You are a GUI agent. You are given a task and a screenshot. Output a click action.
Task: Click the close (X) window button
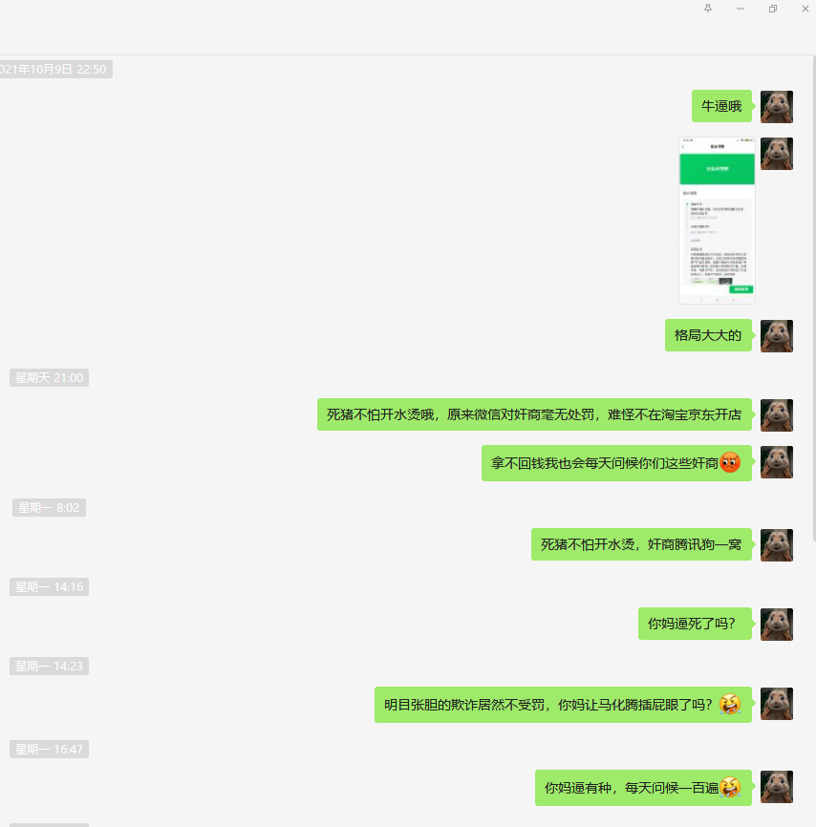tap(805, 9)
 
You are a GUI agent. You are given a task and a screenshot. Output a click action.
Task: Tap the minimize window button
tap(741, 9)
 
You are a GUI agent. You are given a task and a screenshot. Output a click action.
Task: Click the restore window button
tap(772, 9)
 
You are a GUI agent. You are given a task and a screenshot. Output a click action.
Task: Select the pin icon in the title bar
tap(708, 9)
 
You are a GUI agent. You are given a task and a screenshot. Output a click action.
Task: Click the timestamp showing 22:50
tap(55, 70)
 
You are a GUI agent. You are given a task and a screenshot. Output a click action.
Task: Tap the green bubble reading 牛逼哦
tap(721, 106)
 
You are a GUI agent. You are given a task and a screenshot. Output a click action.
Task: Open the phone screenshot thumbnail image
tap(717, 221)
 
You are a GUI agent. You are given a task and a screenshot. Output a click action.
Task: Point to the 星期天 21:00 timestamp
tap(50, 378)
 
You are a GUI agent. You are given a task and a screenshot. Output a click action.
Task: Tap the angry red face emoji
tap(730, 463)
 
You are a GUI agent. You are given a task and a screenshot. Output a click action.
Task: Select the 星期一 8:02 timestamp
tap(49, 508)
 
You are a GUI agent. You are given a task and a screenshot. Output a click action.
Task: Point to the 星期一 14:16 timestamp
tap(50, 587)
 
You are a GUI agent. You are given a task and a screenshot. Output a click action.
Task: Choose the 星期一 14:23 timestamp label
tap(50, 667)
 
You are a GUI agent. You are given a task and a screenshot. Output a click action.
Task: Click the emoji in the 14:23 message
tap(730, 705)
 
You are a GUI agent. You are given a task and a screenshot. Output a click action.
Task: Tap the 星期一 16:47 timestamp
tap(50, 750)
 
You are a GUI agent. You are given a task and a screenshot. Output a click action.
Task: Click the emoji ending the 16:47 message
tap(730, 788)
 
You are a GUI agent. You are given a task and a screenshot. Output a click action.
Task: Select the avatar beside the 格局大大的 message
tap(777, 336)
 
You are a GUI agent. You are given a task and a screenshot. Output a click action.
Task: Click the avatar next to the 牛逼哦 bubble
tap(777, 107)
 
